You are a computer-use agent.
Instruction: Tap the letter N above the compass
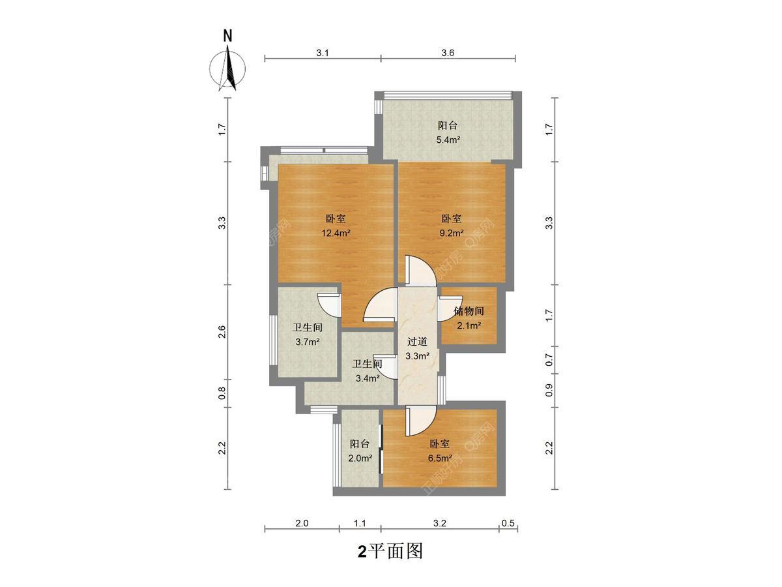pyautogui.click(x=227, y=36)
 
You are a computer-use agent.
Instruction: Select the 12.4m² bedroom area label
pyautogui.click(x=336, y=233)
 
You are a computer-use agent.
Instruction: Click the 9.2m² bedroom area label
pyautogui.click(x=452, y=233)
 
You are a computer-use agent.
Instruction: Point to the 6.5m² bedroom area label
pyautogui.click(x=440, y=458)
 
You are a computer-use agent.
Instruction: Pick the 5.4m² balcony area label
pyautogui.click(x=448, y=140)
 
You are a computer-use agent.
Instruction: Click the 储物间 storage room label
pyautogui.click(x=469, y=311)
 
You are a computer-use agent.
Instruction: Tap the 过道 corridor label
pyautogui.click(x=417, y=342)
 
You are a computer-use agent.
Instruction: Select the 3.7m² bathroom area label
pyautogui.click(x=308, y=342)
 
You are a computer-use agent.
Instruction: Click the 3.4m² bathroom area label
pyautogui.click(x=368, y=378)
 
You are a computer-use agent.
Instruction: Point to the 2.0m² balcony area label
pyautogui.click(x=360, y=458)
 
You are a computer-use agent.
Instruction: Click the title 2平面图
pyautogui.click(x=390, y=551)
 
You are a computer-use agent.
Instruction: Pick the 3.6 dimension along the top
pyautogui.click(x=448, y=53)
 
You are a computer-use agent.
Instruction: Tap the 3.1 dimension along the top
pyautogui.click(x=323, y=53)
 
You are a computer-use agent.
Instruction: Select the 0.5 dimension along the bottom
pyautogui.click(x=508, y=523)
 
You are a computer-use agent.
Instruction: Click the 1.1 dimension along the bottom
pyautogui.click(x=360, y=523)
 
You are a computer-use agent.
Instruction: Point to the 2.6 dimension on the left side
pyautogui.click(x=222, y=332)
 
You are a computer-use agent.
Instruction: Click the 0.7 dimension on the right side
pyautogui.click(x=549, y=359)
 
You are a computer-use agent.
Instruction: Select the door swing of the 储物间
pyautogui.click(x=450, y=309)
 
